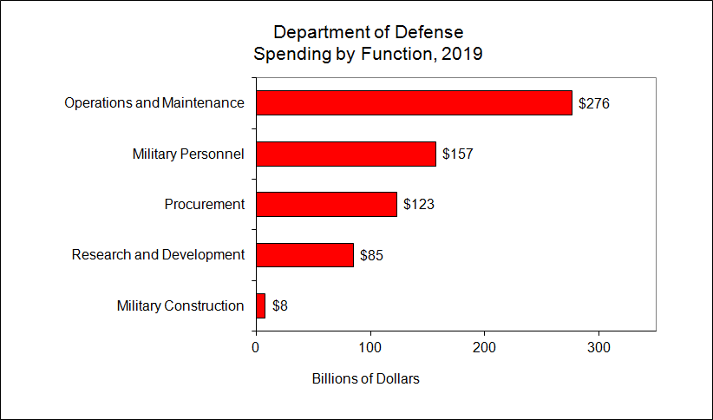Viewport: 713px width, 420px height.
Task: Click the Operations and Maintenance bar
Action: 414,102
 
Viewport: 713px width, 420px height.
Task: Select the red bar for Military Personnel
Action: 345,154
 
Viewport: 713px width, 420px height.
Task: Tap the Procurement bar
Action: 326,204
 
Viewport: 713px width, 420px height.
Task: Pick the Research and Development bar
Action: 304,255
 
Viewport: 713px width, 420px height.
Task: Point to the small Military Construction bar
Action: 260,305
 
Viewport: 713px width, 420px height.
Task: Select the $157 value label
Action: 457,154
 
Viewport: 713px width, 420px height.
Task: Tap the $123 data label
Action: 418,205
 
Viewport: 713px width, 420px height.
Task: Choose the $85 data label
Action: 371,255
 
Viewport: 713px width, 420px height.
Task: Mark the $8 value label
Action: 280,305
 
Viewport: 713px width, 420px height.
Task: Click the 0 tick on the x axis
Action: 256,347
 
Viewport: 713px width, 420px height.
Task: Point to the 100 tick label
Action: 370,347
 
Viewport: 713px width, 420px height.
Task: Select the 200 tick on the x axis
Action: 485,347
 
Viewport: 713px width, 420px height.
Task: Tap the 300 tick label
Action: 599,347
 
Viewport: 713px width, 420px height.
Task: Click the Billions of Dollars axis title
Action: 365,379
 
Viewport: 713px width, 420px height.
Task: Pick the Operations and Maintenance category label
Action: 154,103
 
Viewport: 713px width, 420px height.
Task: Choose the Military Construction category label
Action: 180,305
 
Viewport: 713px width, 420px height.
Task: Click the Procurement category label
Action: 205,205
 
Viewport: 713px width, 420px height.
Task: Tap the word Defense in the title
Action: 430,32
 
